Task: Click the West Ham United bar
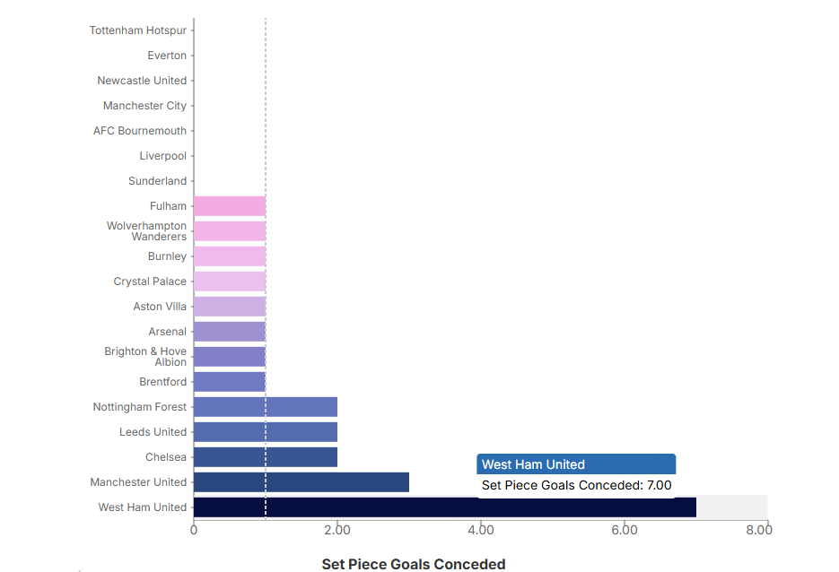(444, 507)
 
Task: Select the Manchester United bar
(301, 482)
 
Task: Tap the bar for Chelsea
(265, 457)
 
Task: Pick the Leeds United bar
(265, 432)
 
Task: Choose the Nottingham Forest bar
(265, 407)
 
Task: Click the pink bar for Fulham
(229, 206)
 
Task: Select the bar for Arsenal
(229, 332)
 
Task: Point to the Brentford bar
(229, 382)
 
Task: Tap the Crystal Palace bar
(229, 282)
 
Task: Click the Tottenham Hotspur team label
(138, 30)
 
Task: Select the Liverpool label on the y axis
(162, 156)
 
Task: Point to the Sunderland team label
(157, 181)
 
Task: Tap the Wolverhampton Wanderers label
(146, 231)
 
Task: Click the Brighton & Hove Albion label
(145, 357)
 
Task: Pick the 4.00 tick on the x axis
(480, 530)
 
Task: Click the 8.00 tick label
(758, 530)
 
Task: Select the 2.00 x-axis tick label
(336, 530)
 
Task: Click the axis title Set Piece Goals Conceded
(414, 564)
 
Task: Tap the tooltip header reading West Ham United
(533, 464)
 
